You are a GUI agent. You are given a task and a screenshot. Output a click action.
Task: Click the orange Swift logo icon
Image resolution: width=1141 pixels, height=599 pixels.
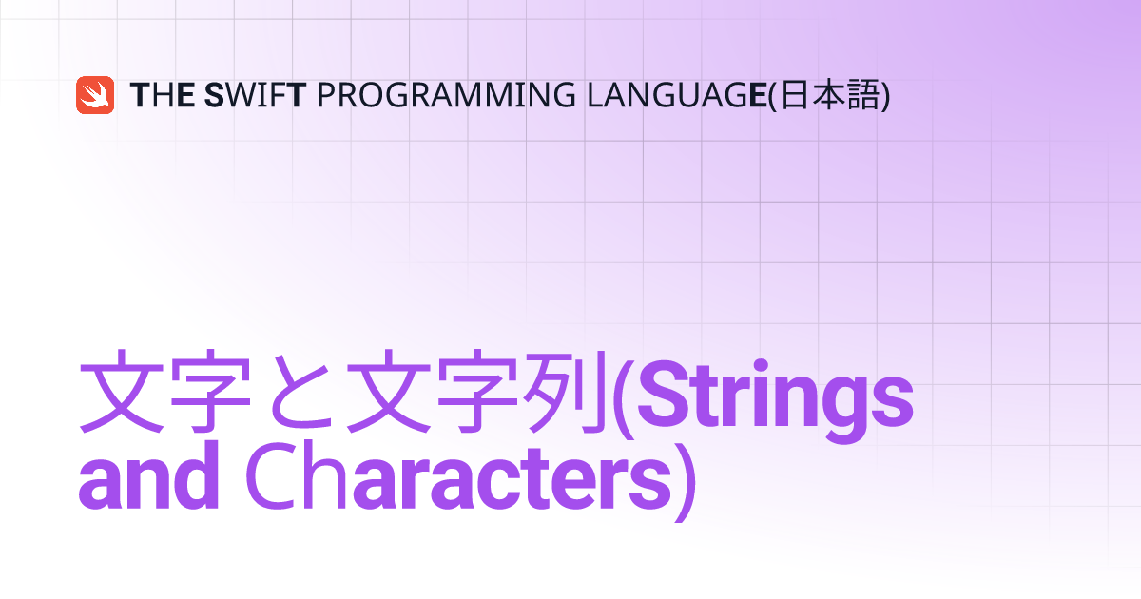point(95,95)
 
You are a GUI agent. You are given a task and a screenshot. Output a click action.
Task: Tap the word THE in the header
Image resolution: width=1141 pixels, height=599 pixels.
point(162,95)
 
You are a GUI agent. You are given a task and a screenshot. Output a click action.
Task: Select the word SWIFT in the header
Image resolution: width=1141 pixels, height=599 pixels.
point(255,95)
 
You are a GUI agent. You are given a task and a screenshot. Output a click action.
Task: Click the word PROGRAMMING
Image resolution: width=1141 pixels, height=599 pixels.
point(446,95)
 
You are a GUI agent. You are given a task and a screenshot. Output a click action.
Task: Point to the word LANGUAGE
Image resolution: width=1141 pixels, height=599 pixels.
point(677,95)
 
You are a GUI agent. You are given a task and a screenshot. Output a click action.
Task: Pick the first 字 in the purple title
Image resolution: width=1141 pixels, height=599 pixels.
point(211,392)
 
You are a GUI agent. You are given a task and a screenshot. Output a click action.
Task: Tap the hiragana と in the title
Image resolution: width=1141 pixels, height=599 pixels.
point(300,392)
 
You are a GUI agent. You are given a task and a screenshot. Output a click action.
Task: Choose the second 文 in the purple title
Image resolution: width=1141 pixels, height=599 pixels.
point(389,392)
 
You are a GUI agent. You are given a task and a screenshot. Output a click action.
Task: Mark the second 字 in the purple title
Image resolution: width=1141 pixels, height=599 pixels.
point(477,392)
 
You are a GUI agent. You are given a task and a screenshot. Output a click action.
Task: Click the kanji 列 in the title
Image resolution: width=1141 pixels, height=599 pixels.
point(567,392)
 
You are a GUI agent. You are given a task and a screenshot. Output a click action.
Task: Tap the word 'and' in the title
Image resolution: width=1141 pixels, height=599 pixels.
point(148,476)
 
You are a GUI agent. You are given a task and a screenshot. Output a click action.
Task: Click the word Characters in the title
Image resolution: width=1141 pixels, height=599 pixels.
point(459,476)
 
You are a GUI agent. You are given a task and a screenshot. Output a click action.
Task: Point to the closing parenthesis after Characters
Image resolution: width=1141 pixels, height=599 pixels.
point(686,481)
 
